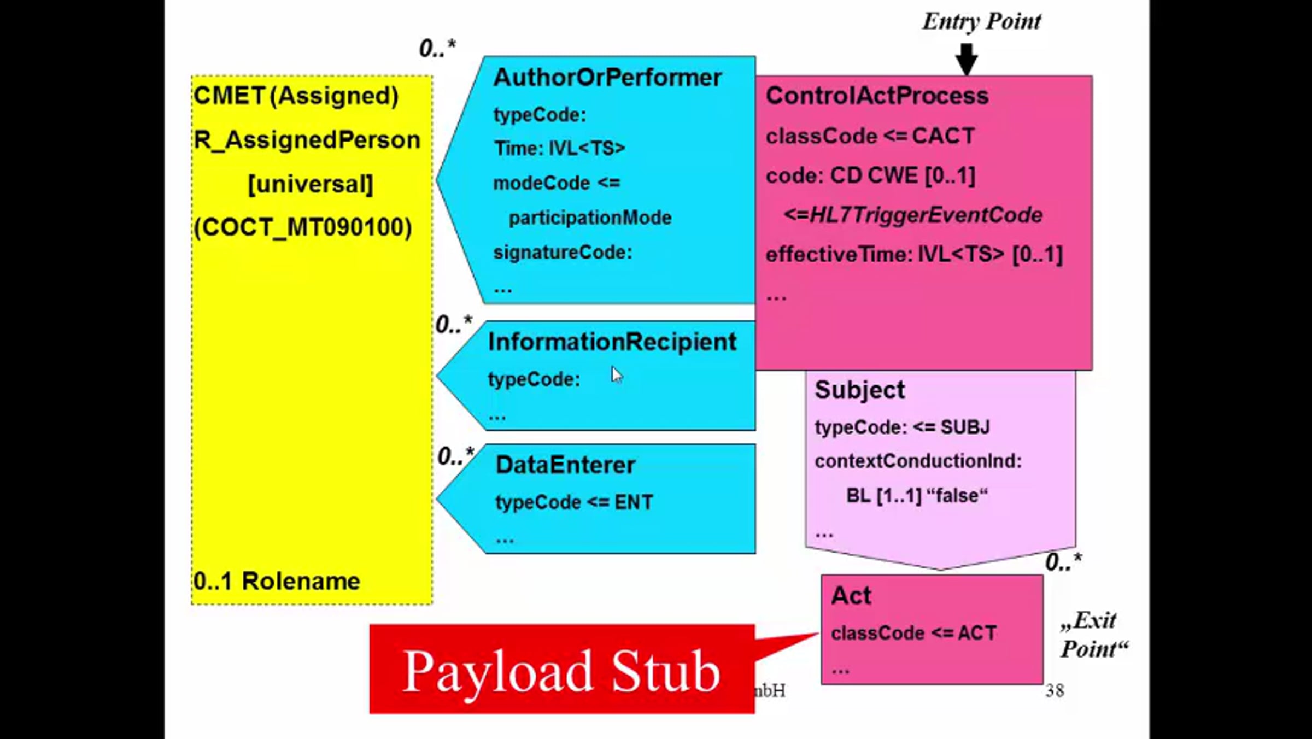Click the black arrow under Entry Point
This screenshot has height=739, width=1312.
tap(966, 58)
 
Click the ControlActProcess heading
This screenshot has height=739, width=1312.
tap(877, 96)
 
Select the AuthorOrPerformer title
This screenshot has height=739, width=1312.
tap(607, 78)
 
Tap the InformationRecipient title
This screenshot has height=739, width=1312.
tap(612, 342)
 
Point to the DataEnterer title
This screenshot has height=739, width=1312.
tap(565, 465)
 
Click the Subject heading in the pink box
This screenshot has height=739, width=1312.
tap(859, 390)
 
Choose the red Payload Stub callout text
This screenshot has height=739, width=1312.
tap(561, 671)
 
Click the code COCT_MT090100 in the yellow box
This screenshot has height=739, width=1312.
tap(303, 227)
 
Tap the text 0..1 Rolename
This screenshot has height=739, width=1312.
tap(277, 581)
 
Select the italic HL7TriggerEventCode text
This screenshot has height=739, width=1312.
tap(913, 215)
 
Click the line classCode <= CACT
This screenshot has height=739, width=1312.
tap(870, 136)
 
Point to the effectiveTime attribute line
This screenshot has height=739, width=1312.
tap(914, 255)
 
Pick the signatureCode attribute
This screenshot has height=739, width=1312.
tap(563, 253)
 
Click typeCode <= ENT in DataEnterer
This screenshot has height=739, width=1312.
tap(574, 502)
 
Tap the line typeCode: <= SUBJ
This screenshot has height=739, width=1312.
tap(902, 427)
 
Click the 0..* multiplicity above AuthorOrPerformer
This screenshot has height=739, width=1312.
tap(437, 48)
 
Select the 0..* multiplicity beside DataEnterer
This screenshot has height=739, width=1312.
tap(455, 456)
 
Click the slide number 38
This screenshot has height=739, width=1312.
tap(1055, 691)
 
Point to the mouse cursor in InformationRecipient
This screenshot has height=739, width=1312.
tap(617, 375)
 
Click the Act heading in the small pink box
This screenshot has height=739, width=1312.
tap(851, 596)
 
